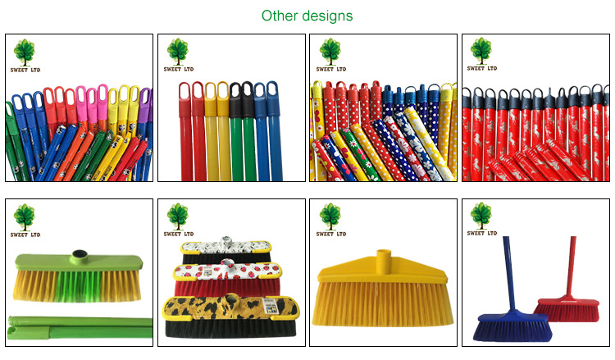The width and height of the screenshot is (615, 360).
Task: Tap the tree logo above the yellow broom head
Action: (330, 216)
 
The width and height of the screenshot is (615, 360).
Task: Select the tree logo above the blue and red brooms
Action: (481, 216)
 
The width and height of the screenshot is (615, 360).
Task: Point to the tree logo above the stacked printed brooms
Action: (177, 216)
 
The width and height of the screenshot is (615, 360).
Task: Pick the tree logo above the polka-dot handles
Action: (330, 51)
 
